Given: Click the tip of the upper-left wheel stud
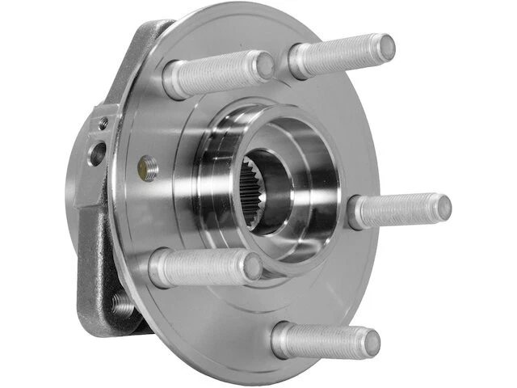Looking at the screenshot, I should [x=264, y=65].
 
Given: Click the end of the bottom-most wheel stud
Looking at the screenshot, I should [x=371, y=340].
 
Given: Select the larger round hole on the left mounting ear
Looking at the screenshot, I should [x=96, y=153].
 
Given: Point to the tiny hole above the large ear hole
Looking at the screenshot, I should [x=103, y=124].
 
